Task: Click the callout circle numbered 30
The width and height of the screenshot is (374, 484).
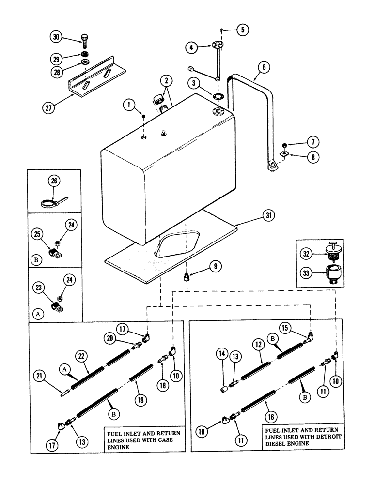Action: click(56, 37)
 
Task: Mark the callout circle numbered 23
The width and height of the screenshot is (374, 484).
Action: click(40, 287)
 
